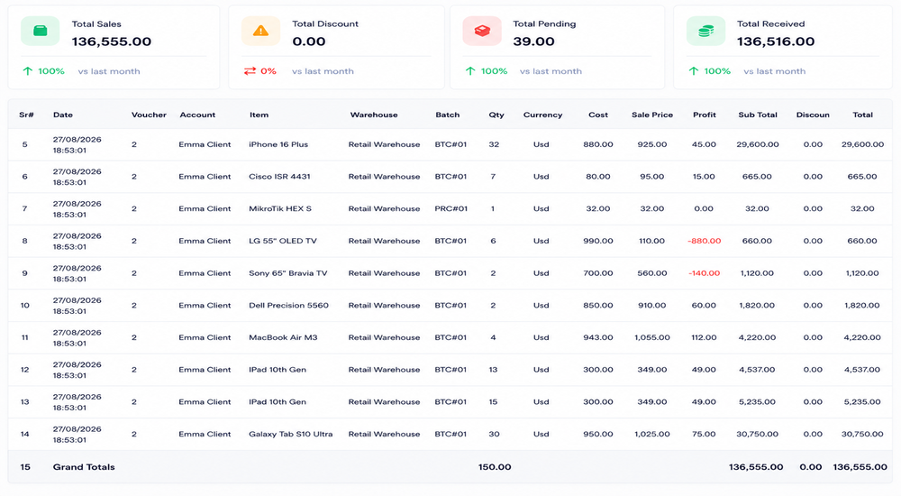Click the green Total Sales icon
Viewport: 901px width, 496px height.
point(41,31)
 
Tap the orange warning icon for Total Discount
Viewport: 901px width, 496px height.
point(260,31)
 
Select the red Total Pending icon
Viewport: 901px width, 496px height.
point(482,31)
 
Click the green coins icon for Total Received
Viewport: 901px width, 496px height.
point(705,31)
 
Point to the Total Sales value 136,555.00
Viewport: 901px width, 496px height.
point(112,41)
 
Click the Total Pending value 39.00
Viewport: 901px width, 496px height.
point(533,41)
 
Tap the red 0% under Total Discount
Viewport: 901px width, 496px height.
point(268,71)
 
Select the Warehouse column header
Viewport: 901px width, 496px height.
point(374,115)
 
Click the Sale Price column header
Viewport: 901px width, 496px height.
point(652,115)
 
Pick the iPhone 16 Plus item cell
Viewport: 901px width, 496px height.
point(278,144)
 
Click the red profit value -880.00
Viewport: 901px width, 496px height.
point(704,241)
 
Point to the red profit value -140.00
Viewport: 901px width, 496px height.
point(704,273)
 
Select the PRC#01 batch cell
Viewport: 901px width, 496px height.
point(451,209)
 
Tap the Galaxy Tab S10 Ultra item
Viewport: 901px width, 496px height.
point(291,435)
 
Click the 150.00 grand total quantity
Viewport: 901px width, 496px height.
point(495,467)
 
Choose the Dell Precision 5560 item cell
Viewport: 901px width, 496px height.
point(288,306)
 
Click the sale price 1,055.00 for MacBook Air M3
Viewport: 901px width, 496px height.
point(652,338)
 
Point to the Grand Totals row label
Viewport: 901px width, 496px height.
point(84,467)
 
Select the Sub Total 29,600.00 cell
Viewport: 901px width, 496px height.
point(758,144)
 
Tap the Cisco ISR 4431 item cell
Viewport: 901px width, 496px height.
point(279,177)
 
